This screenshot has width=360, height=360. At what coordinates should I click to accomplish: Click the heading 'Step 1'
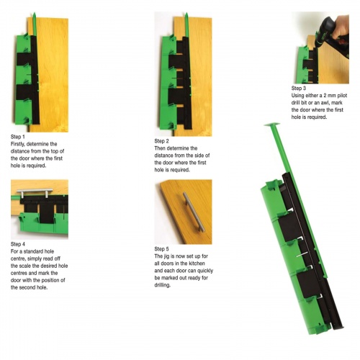click(x=18, y=136)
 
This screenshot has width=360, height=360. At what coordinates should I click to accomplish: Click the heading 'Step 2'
click(x=162, y=140)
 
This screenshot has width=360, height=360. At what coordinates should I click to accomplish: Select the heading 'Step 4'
click(x=18, y=244)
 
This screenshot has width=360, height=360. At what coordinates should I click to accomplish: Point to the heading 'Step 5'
click(x=162, y=248)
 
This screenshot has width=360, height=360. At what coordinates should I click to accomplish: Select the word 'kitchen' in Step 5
click(x=196, y=270)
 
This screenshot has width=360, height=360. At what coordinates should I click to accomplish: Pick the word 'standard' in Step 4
click(x=35, y=251)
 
